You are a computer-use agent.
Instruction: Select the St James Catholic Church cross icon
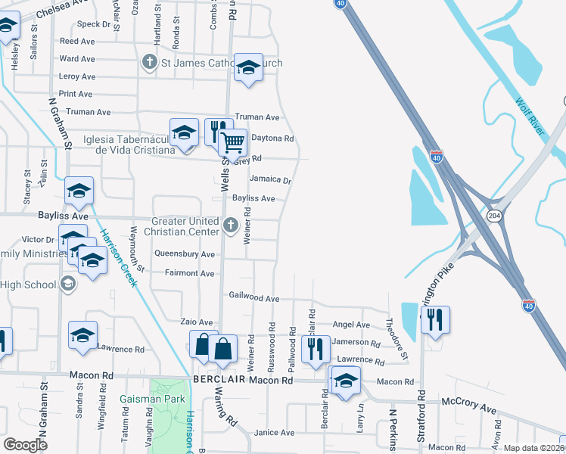point(150,63)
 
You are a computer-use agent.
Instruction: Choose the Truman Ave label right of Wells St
point(257,117)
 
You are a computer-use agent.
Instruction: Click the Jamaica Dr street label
point(270,180)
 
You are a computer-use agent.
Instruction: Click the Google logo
point(25,445)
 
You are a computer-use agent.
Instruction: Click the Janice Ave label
point(274,432)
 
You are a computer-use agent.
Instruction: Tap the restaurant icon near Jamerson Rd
point(315,349)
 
